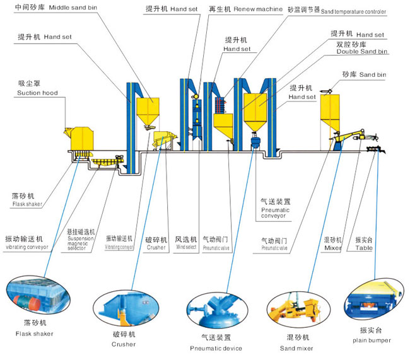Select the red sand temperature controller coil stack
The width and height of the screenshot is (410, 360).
coord(221,107)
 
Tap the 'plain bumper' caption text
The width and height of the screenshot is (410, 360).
coord(373,340)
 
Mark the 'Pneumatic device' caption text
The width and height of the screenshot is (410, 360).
coord(215,348)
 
